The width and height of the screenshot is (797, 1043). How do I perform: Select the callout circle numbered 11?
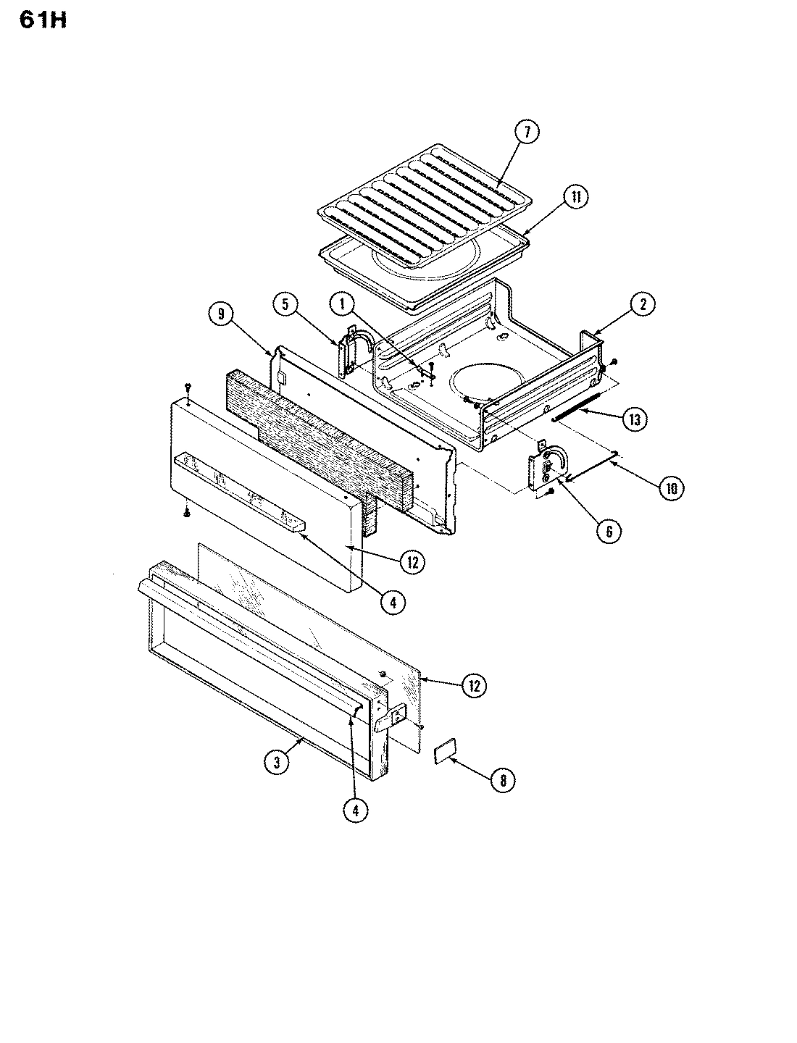(576, 198)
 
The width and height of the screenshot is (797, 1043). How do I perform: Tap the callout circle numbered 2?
(641, 305)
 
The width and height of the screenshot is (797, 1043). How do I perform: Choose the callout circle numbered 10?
(670, 488)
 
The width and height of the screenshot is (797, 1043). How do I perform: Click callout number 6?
(608, 531)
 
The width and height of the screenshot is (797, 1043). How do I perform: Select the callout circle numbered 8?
(503, 779)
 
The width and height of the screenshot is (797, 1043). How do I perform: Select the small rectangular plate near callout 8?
(443, 753)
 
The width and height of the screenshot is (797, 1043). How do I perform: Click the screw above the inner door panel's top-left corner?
(188, 386)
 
